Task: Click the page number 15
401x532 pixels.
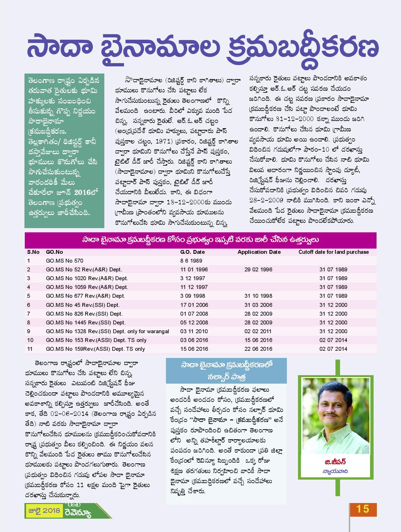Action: click(363, 509)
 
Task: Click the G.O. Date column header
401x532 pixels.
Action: click(192, 252)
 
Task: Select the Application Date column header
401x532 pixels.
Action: click(259, 252)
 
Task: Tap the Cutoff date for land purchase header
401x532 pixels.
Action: click(334, 252)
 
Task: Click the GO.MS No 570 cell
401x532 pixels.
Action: click(65, 261)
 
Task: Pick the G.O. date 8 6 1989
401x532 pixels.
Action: click(191, 261)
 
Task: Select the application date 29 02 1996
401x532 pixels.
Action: click(258, 270)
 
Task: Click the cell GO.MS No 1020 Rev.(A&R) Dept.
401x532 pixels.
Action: click(87, 279)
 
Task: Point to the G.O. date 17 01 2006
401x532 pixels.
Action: click(194, 305)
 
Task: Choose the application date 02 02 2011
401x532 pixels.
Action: click(258, 332)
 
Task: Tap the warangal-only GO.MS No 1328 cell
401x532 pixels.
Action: click(107, 332)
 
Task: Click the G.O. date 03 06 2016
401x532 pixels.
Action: click(194, 340)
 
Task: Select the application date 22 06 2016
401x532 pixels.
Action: click(258, 349)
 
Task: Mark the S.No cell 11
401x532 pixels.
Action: click(30, 349)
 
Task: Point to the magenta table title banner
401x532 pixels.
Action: click(200, 240)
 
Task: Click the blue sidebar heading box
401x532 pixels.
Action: click(226, 371)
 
